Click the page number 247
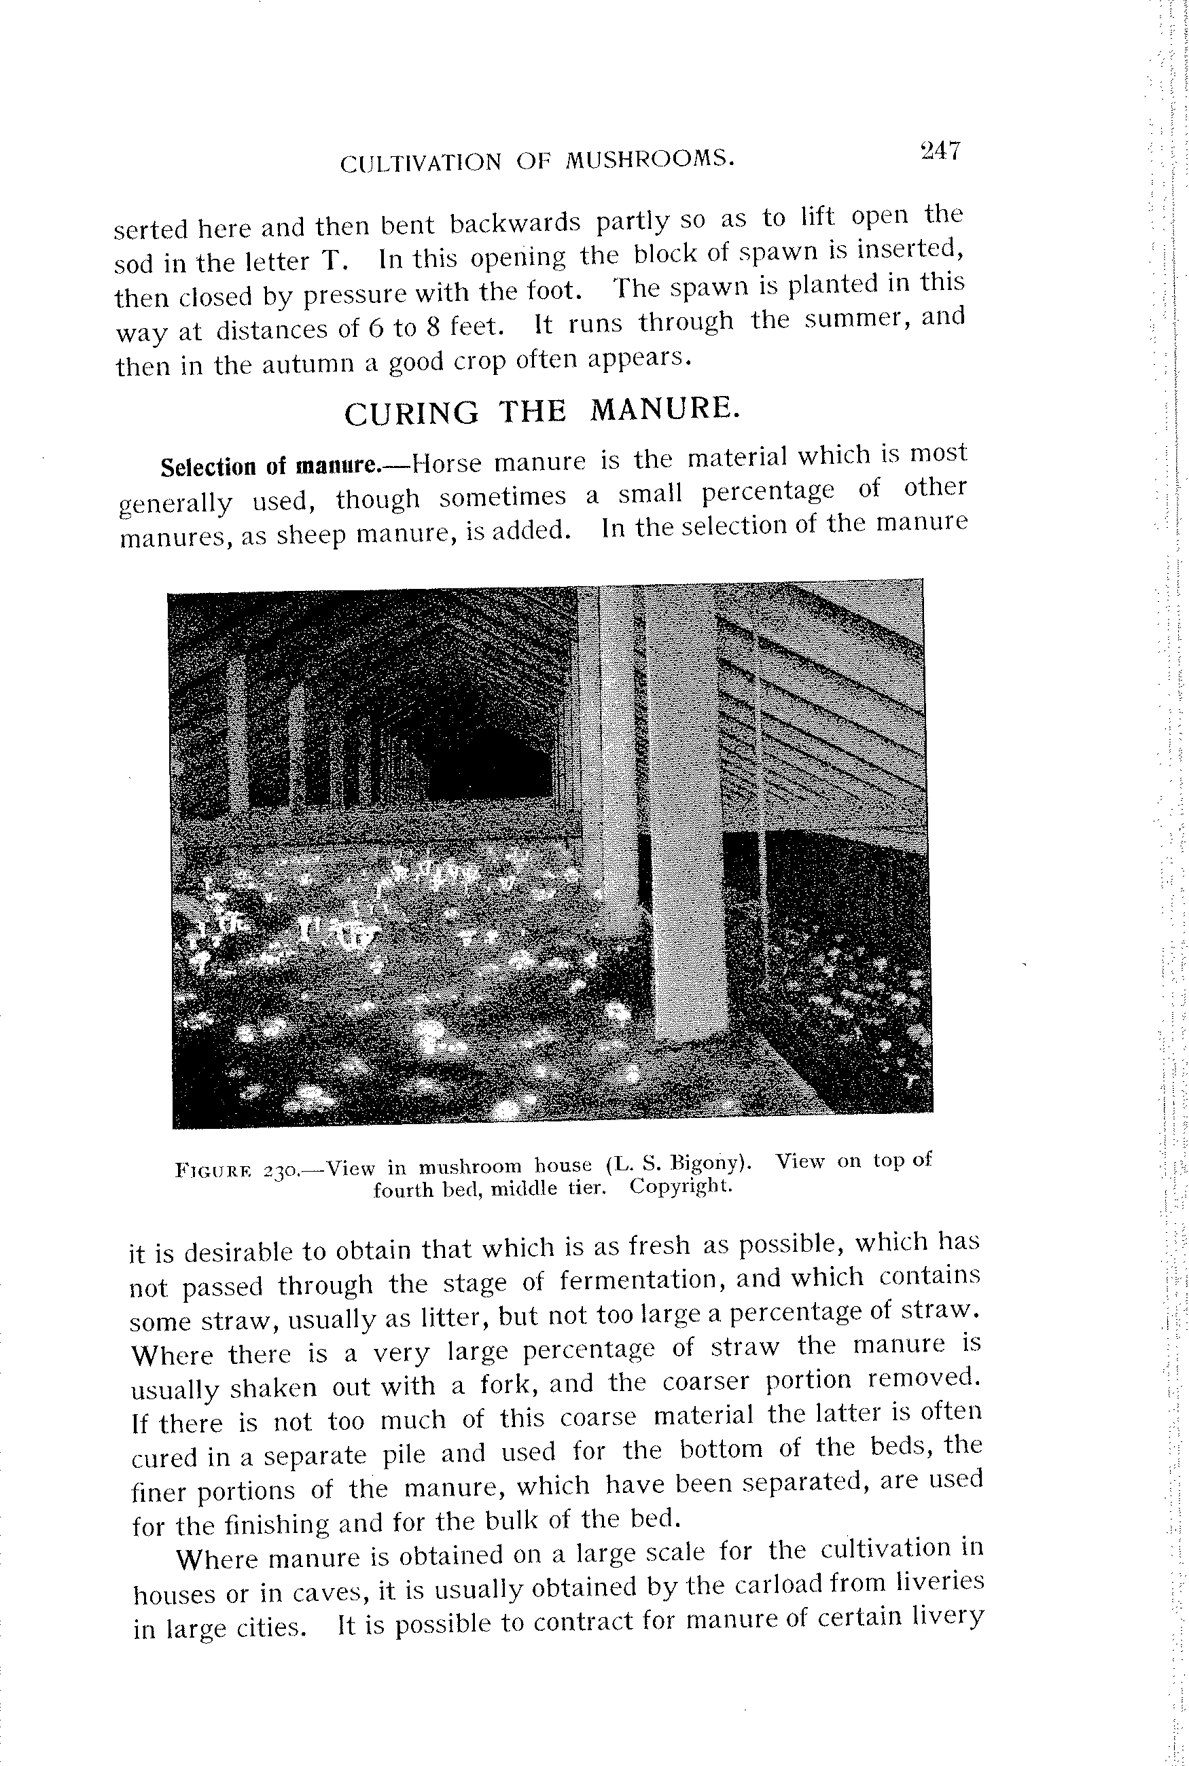940,150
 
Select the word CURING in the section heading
411,414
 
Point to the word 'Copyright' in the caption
680,1185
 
